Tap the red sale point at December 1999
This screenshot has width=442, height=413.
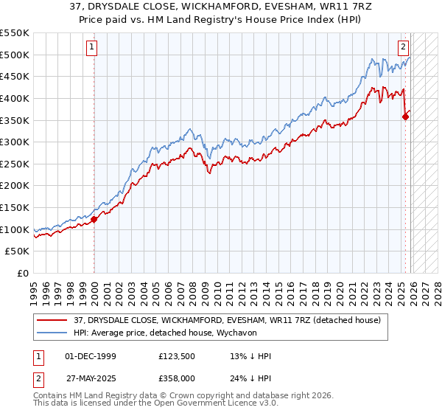[94, 218]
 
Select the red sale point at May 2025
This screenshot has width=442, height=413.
[406, 116]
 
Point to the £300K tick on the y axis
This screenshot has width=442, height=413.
[15, 142]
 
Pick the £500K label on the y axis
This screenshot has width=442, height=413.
[15, 55]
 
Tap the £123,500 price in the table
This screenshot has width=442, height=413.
[175, 356]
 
